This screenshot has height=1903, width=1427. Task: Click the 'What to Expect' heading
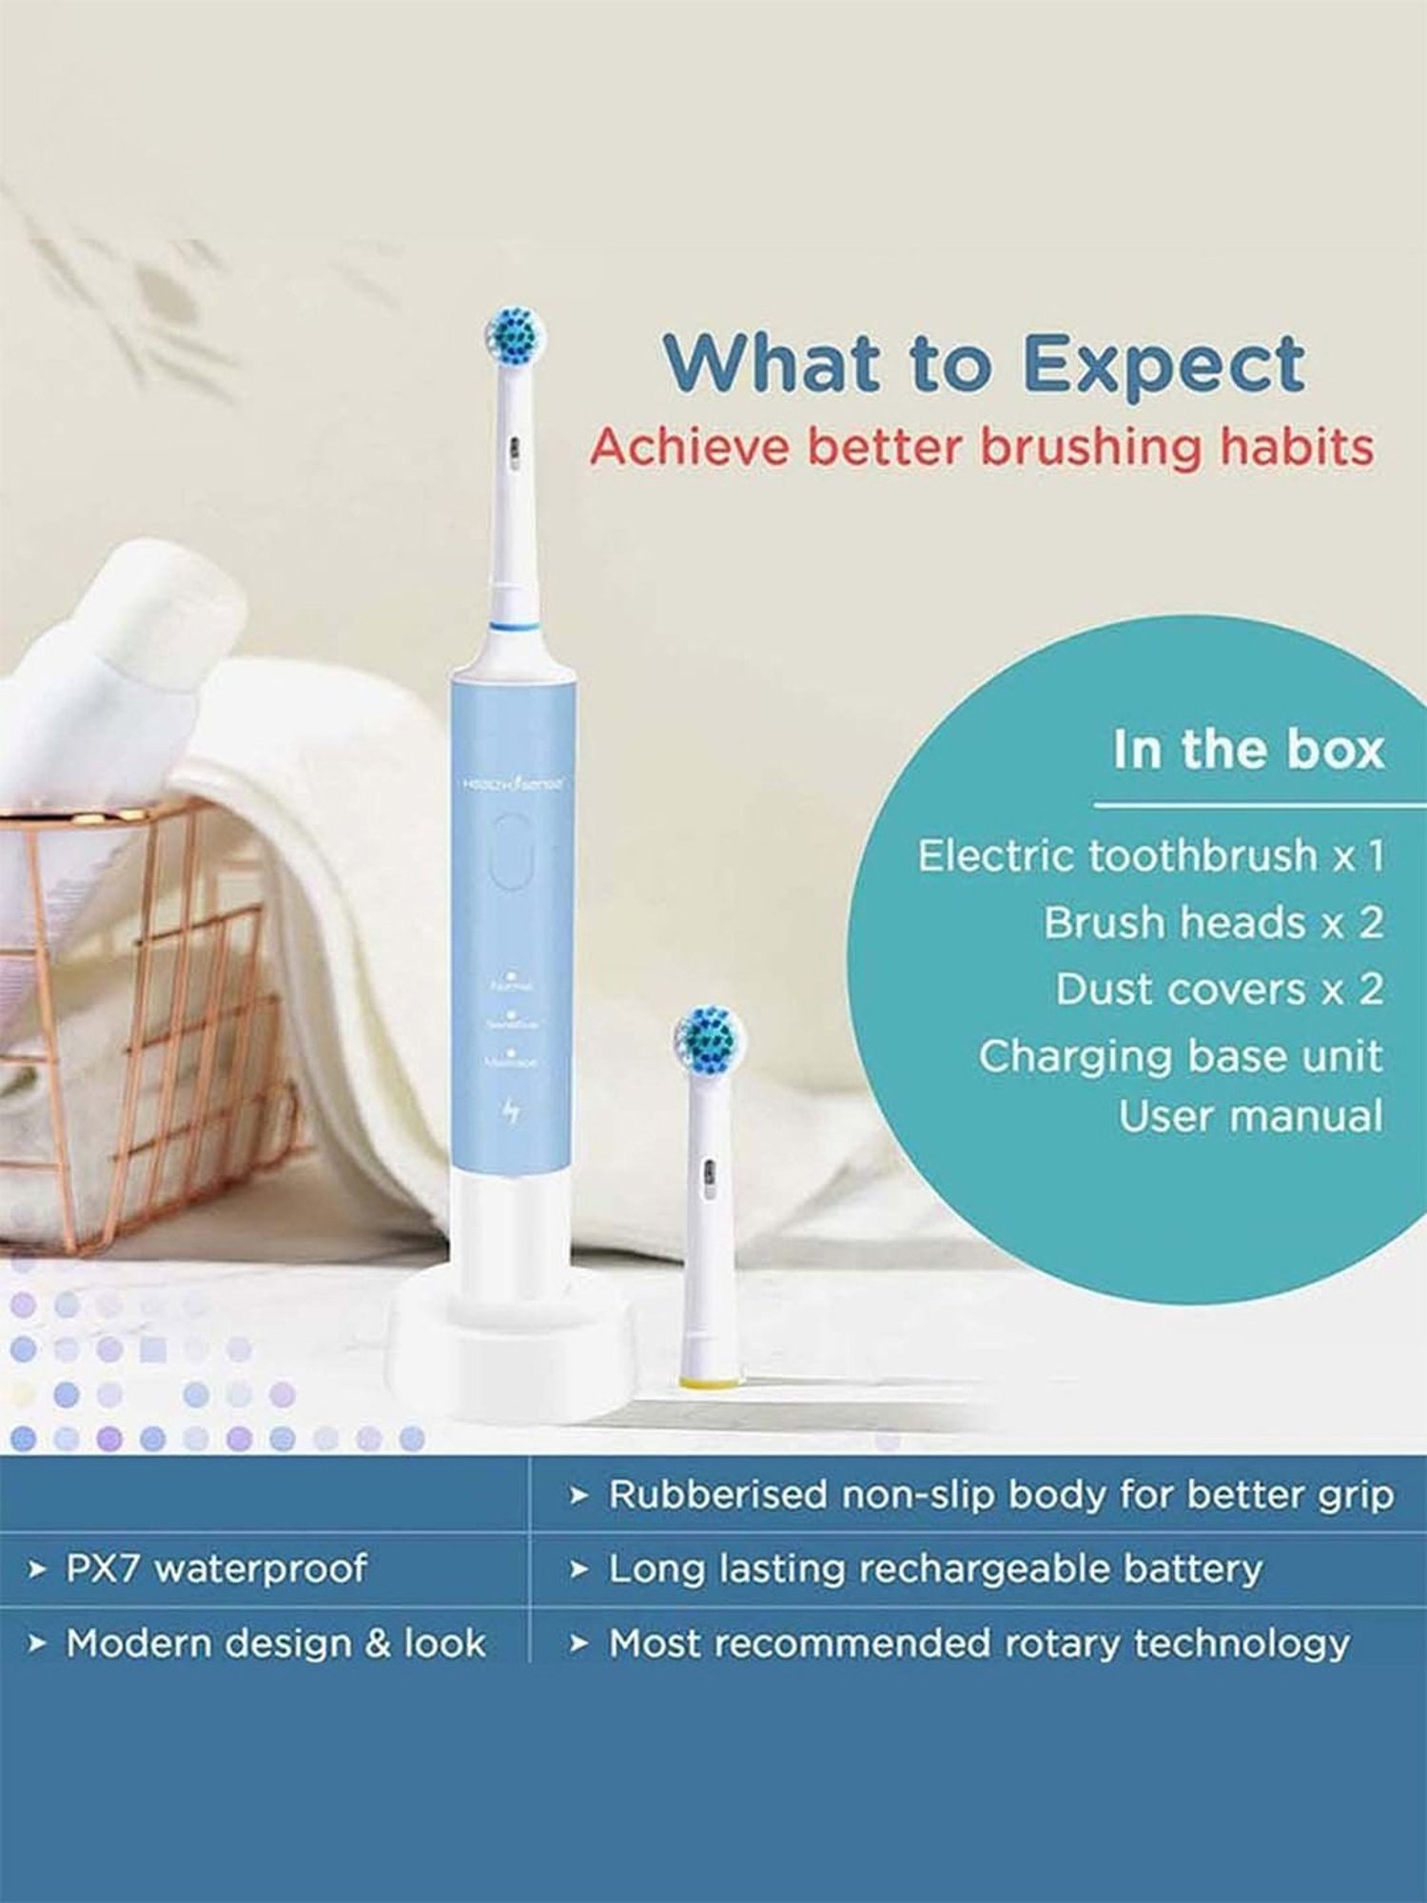point(984,363)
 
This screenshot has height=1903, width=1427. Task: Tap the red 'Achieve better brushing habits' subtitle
point(981,447)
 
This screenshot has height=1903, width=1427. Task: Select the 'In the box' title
point(1247,750)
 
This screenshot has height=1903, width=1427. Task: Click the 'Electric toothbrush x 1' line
point(1150,855)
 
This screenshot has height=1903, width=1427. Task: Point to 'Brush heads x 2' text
point(1213,923)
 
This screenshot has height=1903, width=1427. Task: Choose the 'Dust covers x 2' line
point(1219,990)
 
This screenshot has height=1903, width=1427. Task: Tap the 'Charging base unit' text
point(1180,1056)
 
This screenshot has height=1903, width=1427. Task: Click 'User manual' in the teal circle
point(1249,1117)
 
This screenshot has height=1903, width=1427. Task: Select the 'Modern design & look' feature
point(275,1643)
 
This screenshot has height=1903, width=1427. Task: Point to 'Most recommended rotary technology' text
point(979,1643)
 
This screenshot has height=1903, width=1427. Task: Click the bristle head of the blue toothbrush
point(515,336)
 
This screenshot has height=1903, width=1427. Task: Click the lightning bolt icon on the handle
point(512,1111)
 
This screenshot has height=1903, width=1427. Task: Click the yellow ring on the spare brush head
point(710,1382)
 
